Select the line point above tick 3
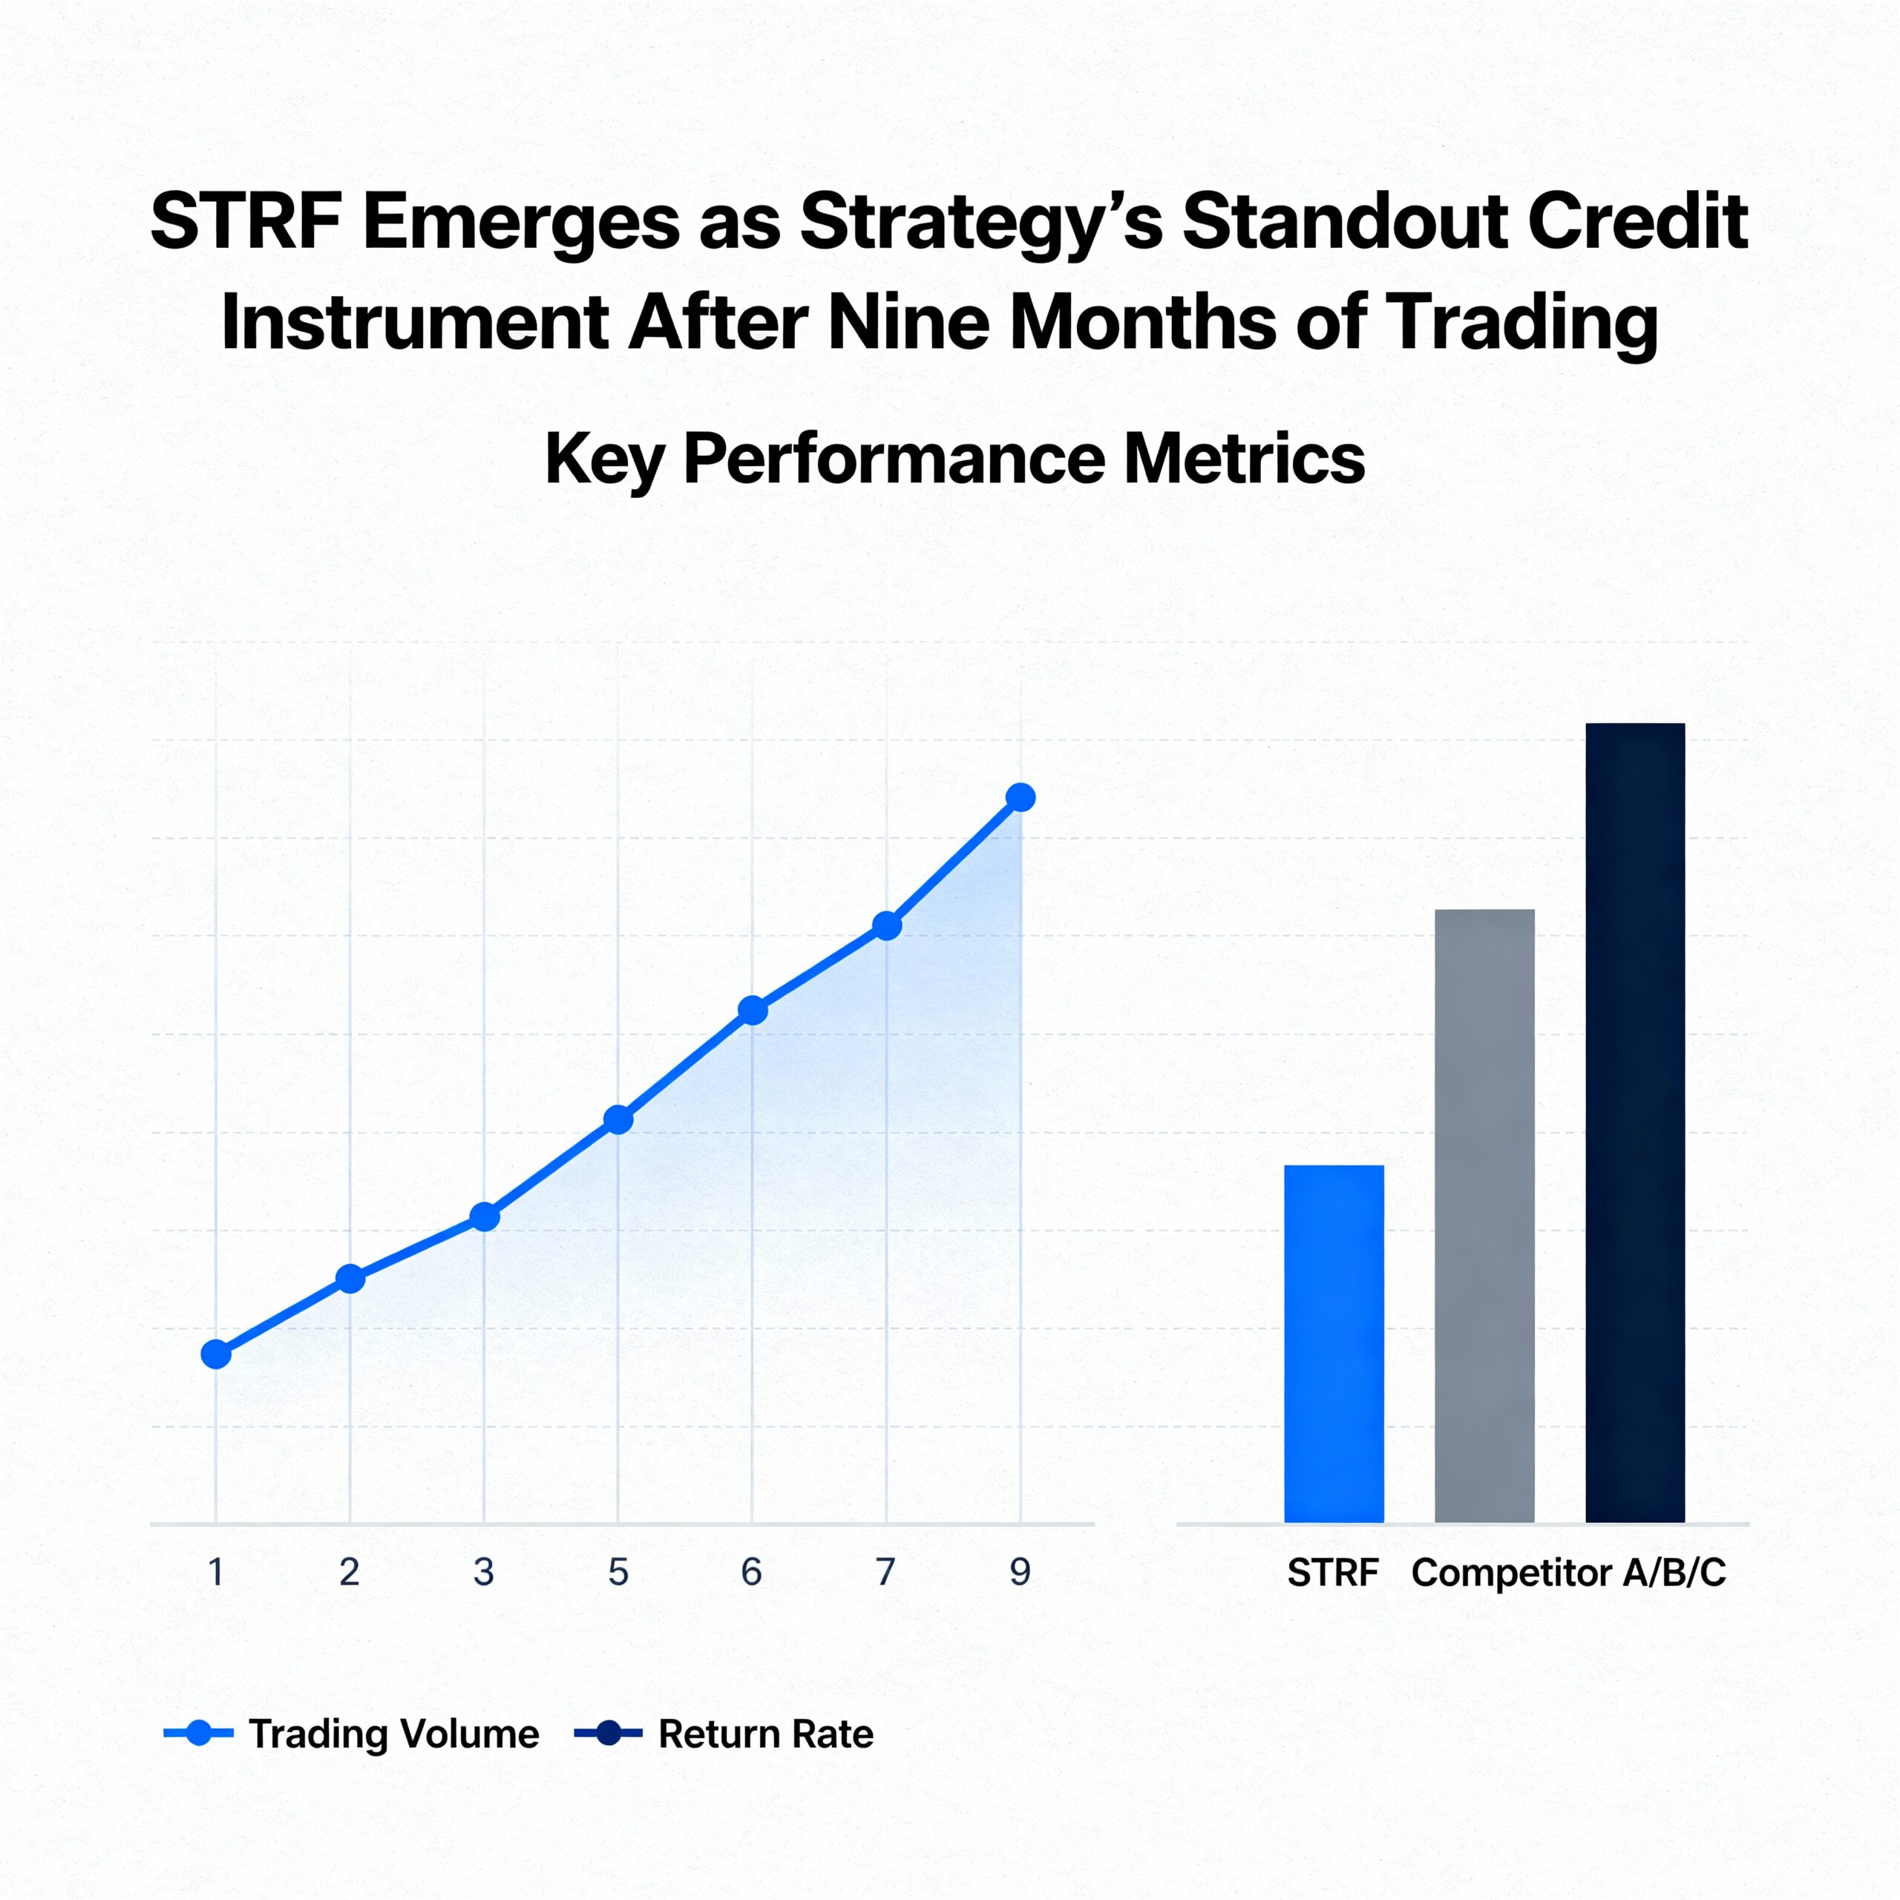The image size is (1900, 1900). [x=485, y=1217]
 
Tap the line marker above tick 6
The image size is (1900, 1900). [x=753, y=1010]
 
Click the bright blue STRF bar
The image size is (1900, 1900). [x=1334, y=1343]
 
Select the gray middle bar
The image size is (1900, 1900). [x=1484, y=1216]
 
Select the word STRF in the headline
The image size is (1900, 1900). [x=246, y=221]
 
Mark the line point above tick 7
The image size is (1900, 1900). [x=887, y=926]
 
